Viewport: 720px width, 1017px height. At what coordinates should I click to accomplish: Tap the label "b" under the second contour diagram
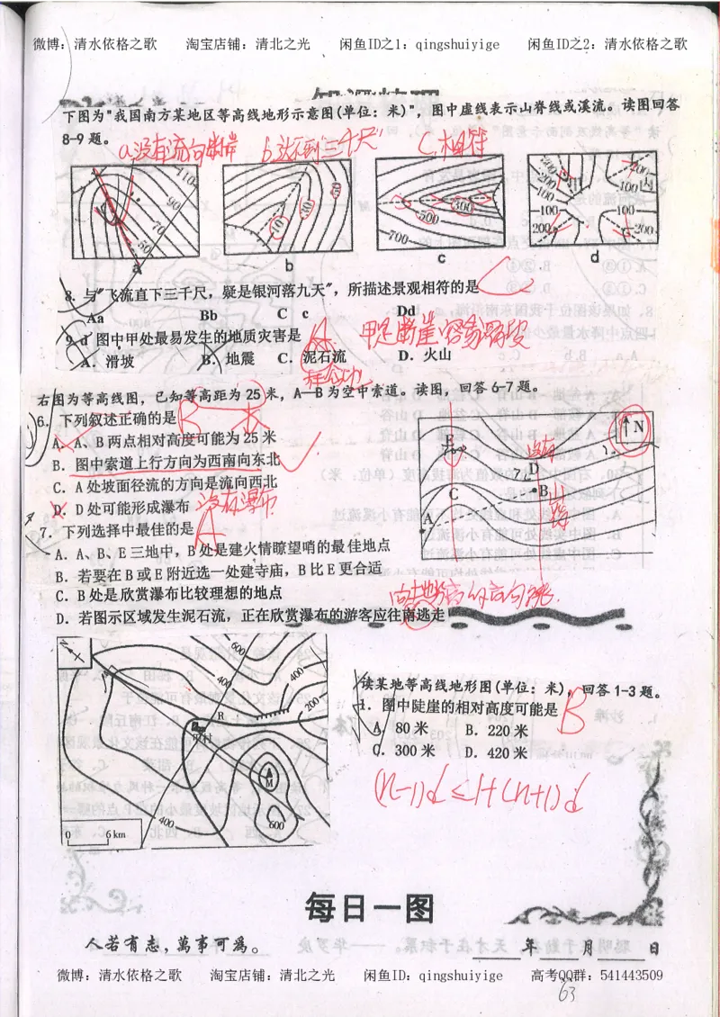pyautogui.click(x=289, y=265)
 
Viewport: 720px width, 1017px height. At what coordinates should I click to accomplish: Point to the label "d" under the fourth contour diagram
pyautogui.click(x=595, y=259)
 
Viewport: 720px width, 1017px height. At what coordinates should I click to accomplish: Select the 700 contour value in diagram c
pyautogui.click(x=396, y=238)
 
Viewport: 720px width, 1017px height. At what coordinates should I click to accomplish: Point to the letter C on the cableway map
pyautogui.click(x=454, y=493)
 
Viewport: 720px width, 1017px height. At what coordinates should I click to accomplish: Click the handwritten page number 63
pyautogui.click(x=567, y=994)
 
